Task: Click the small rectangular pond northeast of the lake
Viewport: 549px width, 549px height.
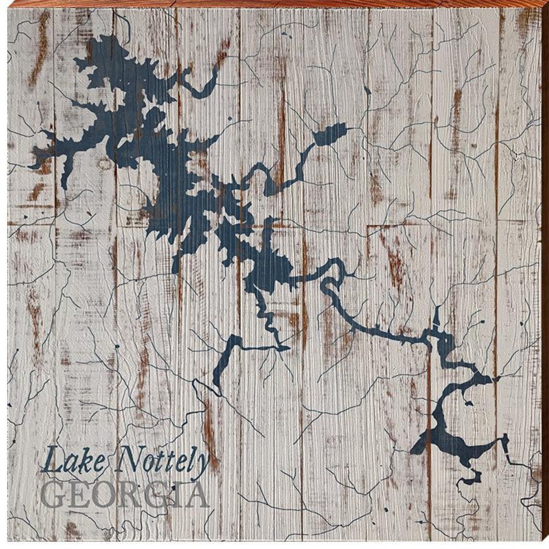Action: [330, 133]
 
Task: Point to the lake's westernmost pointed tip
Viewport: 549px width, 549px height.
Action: [31, 167]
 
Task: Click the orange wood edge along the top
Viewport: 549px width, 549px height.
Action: [274, 4]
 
